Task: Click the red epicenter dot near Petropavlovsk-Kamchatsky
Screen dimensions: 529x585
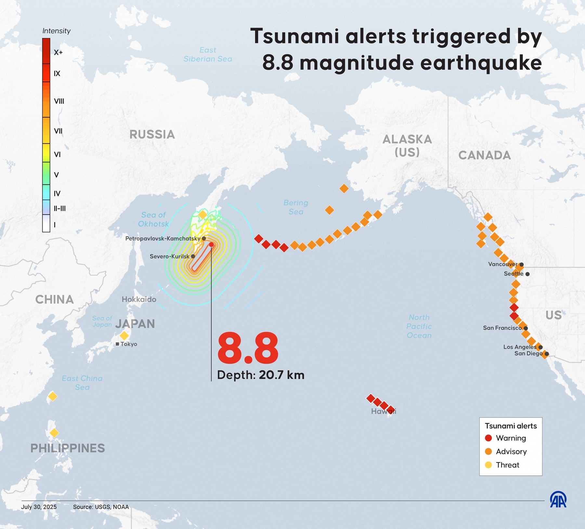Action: click(211, 244)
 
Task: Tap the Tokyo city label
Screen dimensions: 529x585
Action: click(129, 344)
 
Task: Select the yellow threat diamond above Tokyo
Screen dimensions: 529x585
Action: click(124, 335)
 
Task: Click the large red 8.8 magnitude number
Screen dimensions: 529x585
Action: click(248, 349)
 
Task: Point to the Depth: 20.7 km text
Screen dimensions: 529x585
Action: click(261, 375)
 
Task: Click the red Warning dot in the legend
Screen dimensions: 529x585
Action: click(488, 438)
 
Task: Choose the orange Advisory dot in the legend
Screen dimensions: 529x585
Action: click(488, 451)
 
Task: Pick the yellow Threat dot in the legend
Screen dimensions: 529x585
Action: click(488, 465)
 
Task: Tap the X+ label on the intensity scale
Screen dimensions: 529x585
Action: click(58, 53)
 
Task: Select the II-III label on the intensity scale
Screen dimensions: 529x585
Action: click(59, 209)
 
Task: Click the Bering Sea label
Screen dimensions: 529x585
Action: click(296, 207)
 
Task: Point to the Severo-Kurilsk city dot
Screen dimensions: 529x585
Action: click(193, 256)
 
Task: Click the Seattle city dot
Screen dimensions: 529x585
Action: click(527, 274)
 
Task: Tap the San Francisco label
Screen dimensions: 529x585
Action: click(502, 328)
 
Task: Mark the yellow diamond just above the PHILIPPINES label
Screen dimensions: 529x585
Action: click(54, 433)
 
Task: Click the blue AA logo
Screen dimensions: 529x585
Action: click(558, 499)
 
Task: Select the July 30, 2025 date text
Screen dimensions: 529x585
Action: click(39, 507)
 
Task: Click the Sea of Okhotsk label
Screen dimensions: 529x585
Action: click(153, 219)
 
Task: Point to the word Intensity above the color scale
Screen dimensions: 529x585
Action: click(57, 31)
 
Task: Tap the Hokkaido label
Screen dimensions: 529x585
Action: click(139, 299)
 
